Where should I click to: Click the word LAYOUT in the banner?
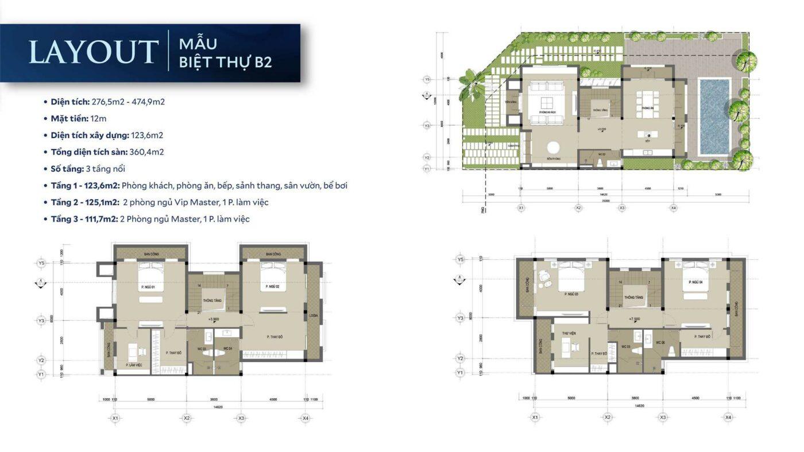tap(94, 52)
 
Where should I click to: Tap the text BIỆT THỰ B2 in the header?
tap(225, 62)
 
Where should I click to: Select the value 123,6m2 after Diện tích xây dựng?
tap(146, 135)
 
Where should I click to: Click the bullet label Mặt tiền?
tap(69, 119)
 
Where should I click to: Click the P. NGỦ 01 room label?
tap(148, 287)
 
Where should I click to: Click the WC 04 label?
tap(227, 349)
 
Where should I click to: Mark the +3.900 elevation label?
tap(214, 319)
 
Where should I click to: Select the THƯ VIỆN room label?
tap(569, 332)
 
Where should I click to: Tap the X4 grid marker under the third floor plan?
tap(728, 418)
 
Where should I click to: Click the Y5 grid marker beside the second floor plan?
tap(41, 263)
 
